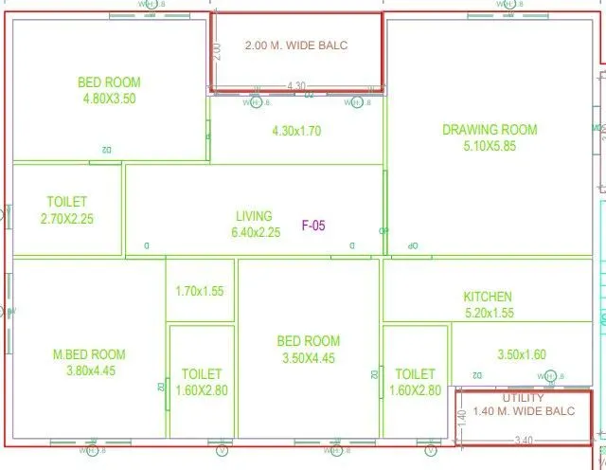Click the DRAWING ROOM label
pyautogui.click(x=490, y=130)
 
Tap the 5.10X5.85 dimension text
pyautogui.click(x=490, y=146)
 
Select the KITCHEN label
pyautogui.click(x=488, y=297)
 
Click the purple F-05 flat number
pyautogui.click(x=313, y=226)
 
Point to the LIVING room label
pyautogui.click(x=254, y=216)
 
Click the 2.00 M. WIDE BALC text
pyautogui.click(x=296, y=45)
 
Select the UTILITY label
pyautogui.click(x=524, y=398)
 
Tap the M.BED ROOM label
pyautogui.click(x=90, y=355)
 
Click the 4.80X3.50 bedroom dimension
pyautogui.click(x=110, y=99)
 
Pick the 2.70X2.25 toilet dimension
pyautogui.click(x=67, y=219)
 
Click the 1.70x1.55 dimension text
pyautogui.click(x=200, y=291)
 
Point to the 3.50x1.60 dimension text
pyautogui.click(x=522, y=355)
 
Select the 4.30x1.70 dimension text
pyautogui.click(x=296, y=132)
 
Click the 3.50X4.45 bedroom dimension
pyautogui.click(x=309, y=358)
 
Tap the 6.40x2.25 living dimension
pyautogui.click(x=256, y=232)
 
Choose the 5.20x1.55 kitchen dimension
pyautogui.click(x=489, y=313)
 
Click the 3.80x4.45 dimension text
pyautogui.click(x=90, y=371)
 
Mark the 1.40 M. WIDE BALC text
pyautogui.click(x=524, y=411)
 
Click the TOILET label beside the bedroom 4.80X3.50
pyautogui.click(x=66, y=202)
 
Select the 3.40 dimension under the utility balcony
pyautogui.click(x=522, y=441)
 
